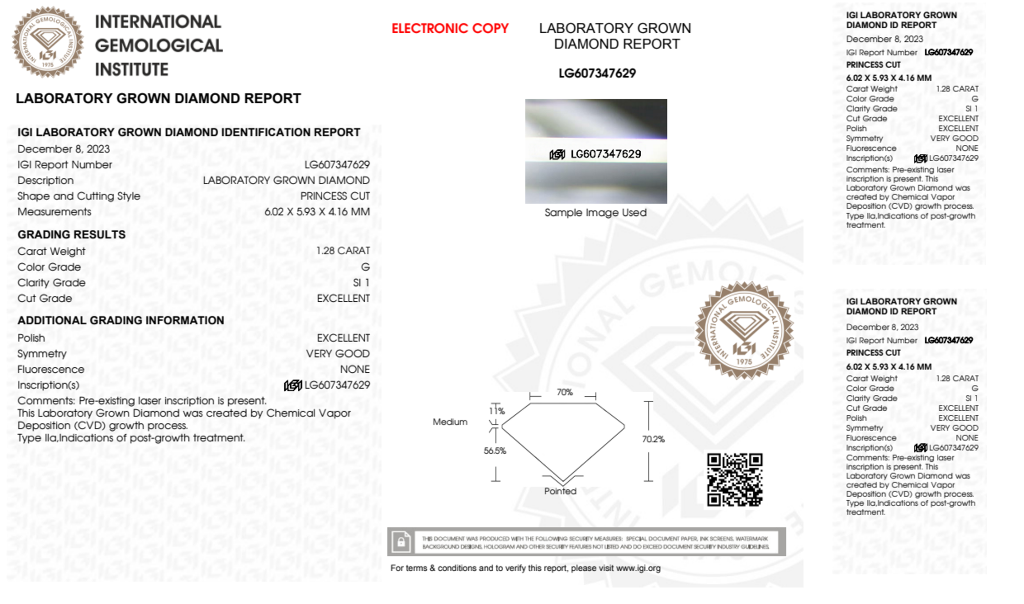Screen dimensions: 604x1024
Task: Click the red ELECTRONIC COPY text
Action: point(450,29)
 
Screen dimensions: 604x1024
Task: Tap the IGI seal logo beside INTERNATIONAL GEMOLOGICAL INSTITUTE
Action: point(48,42)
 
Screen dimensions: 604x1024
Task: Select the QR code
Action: point(734,480)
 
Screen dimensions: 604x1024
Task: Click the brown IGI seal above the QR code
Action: point(744,330)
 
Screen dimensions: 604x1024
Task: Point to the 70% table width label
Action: point(564,392)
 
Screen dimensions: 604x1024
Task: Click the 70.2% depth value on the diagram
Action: point(653,439)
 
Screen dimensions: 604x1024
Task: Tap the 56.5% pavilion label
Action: point(494,451)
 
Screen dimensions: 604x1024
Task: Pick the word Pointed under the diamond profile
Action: point(560,491)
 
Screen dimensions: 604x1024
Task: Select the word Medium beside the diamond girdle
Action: point(450,422)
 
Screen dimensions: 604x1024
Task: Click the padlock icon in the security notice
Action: point(401,542)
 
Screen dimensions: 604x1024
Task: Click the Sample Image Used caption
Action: point(595,213)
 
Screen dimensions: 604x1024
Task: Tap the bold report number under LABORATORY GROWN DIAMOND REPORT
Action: point(597,74)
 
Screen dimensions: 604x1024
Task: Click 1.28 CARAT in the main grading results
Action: point(342,251)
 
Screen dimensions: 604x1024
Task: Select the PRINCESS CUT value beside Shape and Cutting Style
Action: point(335,196)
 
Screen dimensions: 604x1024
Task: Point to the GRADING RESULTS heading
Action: point(71,235)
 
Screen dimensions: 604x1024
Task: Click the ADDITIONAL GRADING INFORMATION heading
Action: point(121,321)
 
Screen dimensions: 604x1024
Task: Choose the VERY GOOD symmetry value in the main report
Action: point(337,354)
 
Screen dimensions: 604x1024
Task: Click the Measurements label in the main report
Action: point(54,212)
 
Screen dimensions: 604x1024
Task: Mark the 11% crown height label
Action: point(496,411)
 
